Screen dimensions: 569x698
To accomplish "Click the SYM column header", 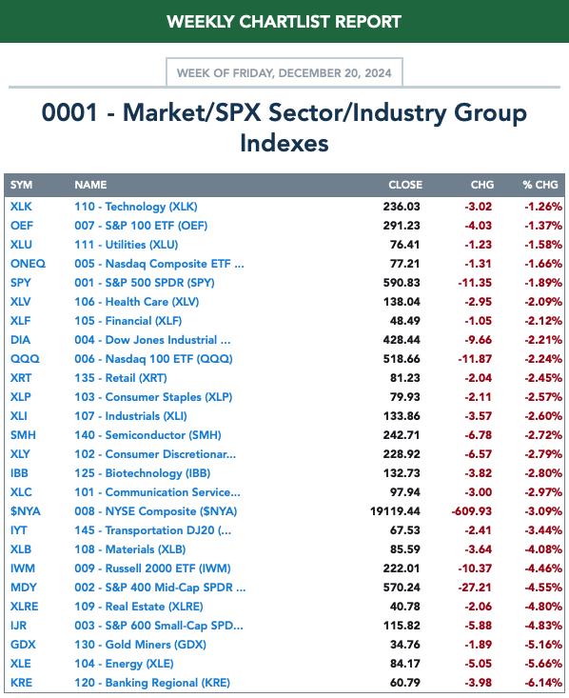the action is click(x=21, y=185).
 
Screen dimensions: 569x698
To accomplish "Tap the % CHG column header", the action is click(x=540, y=185).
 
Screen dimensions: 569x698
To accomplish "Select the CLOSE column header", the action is click(x=405, y=185).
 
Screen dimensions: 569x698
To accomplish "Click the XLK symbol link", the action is click(x=21, y=207).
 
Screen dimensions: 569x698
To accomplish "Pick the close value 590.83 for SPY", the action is click(x=402, y=283).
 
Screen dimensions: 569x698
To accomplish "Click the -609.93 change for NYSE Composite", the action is click(x=472, y=511).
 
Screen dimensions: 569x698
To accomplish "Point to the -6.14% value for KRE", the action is click(x=543, y=683).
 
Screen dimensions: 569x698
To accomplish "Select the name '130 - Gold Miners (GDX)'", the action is click(x=140, y=645).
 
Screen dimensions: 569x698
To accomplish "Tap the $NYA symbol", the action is click(x=26, y=511).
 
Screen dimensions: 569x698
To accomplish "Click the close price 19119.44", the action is click(x=395, y=511).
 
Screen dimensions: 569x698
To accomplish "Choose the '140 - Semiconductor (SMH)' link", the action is click(x=147, y=435).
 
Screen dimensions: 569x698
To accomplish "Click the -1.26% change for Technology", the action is click(x=543, y=207).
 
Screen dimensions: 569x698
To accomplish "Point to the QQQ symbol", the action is click(x=25, y=359).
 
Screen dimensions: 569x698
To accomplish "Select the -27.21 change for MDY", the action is click(x=475, y=588).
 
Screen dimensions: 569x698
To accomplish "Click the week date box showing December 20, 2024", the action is click(x=284, y=72).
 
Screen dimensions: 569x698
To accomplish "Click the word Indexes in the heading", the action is click(x=284, y=143).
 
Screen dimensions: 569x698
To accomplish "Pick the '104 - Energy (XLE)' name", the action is click(x=124, y=664).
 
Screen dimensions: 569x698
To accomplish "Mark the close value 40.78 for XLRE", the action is click(x=404, y=607).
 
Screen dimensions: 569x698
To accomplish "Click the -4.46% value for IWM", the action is click(x=543, y=568).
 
